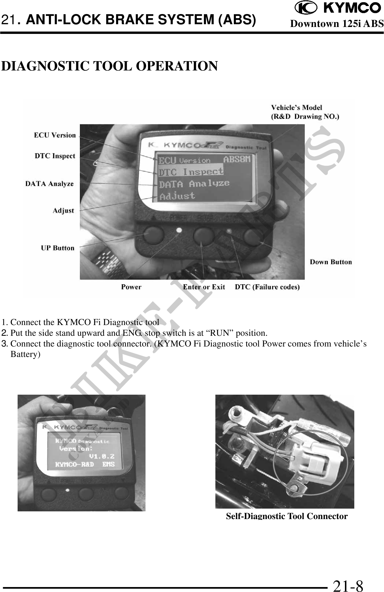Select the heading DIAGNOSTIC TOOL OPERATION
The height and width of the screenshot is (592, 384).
[109, 66]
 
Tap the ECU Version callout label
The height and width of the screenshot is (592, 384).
[55, 135]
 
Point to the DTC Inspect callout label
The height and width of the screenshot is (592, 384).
[55, 156]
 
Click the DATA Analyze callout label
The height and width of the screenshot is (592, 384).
[50, 184]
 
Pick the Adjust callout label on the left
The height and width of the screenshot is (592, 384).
[63, 211]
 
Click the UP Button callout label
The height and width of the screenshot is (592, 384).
[58, 248]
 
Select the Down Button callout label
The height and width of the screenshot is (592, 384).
[331, 262]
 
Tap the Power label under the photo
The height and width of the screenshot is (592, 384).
[131, 287]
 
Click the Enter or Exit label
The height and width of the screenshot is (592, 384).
[204, 287]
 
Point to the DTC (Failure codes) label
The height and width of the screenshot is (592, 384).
[267, 287]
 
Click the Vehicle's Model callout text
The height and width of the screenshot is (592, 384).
[305, 112]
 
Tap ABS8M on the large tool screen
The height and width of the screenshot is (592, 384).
[237, 159]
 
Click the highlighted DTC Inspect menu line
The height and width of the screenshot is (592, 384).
[191, 172]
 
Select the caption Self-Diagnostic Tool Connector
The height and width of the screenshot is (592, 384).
[287, 516]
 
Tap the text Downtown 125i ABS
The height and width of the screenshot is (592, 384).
[337, 24]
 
